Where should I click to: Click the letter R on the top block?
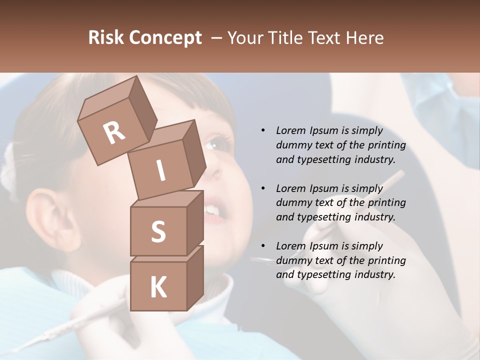[x=114, y=132]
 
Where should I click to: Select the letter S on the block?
[x=158, y=232]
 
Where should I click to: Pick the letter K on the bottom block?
[x=158, y=287]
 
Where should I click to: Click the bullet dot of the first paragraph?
[x=263, y=130]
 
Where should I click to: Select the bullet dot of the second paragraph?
[x=263, y=188]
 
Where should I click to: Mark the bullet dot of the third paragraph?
[x=263, y=246]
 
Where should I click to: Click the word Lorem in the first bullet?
[x=290, y=130]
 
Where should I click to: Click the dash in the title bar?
[x=217, y=38]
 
